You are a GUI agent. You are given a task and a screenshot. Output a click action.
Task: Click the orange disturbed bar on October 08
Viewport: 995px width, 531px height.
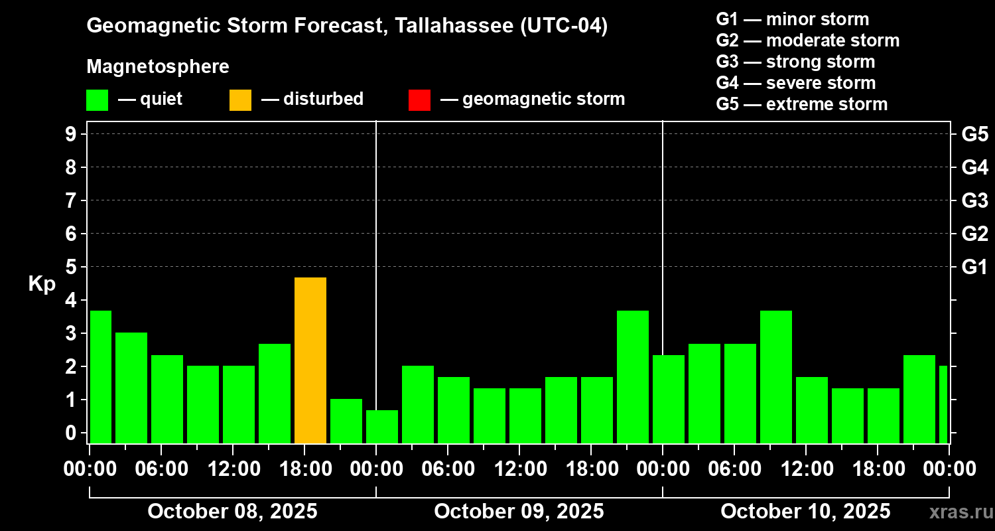(x=310, y=360)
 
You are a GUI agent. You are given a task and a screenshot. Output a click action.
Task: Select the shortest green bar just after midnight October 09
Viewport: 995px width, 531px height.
(x=382, y=427)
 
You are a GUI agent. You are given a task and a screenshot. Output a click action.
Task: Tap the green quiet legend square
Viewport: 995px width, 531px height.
(x=97, y=100)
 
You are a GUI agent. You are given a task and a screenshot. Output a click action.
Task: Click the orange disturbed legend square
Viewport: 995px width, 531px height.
(x=240, y=100)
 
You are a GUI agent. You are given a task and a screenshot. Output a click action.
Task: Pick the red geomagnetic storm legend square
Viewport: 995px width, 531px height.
(x=419, y=100)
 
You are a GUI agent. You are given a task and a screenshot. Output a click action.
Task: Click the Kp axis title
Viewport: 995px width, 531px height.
(x=42, y=283)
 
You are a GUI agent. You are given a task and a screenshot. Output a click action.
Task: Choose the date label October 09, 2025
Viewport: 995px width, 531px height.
(x=519, y=512)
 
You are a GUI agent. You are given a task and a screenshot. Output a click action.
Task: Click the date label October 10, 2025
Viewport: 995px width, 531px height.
(x=805, y=512)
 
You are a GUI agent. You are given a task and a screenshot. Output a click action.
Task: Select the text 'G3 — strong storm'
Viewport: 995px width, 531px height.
(x=795, y=62)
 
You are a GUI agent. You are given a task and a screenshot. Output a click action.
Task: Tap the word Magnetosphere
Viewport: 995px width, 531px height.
(x=158, y=67)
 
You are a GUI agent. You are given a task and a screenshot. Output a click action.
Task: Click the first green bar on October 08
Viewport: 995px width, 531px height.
(x=101, y=376)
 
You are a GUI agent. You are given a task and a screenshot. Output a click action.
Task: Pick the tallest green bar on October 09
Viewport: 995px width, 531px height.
(x=633, y=376)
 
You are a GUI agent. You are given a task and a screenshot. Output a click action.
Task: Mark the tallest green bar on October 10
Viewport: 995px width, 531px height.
(x=776, y=376)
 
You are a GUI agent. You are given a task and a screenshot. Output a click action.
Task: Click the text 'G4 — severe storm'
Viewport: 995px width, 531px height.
(x=796, y=83)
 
